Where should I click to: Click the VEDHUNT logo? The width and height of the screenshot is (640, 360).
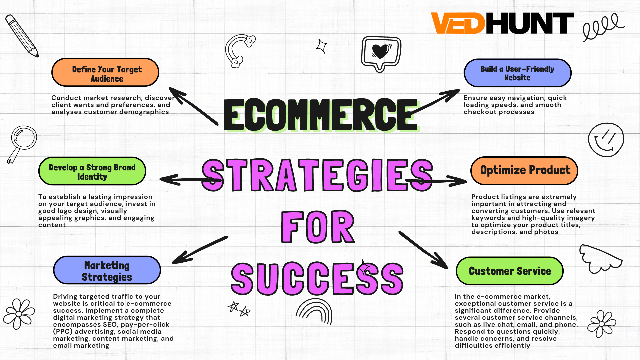coord(502,23)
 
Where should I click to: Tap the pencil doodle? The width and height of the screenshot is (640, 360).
coord(22,36)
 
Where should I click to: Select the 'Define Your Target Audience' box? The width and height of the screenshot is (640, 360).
coord(105,72)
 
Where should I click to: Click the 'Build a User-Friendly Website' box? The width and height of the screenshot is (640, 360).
coord(518,73)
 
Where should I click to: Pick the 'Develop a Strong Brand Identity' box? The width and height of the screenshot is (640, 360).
coord(92,171)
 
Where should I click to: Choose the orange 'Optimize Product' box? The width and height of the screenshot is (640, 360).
coord(524,171)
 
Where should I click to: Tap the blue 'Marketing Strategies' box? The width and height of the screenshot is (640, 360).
coord(107,270)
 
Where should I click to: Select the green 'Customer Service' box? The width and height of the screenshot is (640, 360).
coord(510,271)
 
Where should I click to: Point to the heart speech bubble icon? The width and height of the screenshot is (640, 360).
coord(381,53)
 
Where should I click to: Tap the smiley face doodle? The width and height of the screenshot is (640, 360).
coord(606,140)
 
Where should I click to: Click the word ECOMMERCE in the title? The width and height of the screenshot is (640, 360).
coord(321,115)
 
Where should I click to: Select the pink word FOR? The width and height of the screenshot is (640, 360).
coord(318,227)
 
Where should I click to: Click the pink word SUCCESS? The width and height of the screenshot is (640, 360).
coord(317,279)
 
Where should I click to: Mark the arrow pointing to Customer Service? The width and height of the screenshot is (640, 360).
coord(424,250)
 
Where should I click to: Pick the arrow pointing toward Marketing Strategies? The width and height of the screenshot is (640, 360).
coord(200,250)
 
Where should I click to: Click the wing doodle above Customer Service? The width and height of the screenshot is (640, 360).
coord(600,259)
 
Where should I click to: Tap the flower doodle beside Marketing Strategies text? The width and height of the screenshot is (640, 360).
coord(19,314)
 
